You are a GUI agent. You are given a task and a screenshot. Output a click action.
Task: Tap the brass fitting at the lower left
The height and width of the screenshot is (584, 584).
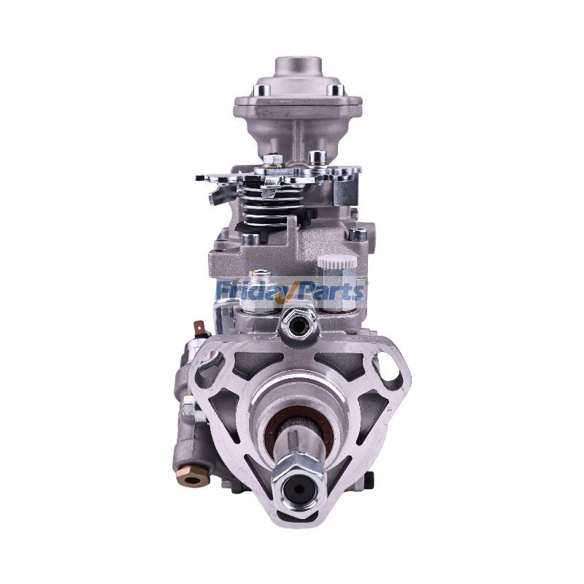click(x=193, y=479)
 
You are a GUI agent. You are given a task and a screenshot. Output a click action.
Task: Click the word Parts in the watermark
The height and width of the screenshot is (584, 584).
click(x=335, y=291)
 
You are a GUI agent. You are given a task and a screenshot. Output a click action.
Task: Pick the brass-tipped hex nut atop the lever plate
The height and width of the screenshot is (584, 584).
click(x=272, y=159)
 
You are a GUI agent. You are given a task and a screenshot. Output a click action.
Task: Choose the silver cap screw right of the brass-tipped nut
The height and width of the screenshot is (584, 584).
click(x=317, y=157)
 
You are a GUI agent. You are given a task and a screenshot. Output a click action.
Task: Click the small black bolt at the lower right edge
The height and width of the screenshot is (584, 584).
click(x=369, y=478)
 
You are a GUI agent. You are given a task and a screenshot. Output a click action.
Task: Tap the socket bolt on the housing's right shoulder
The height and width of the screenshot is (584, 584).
click(x=357, y=234)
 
